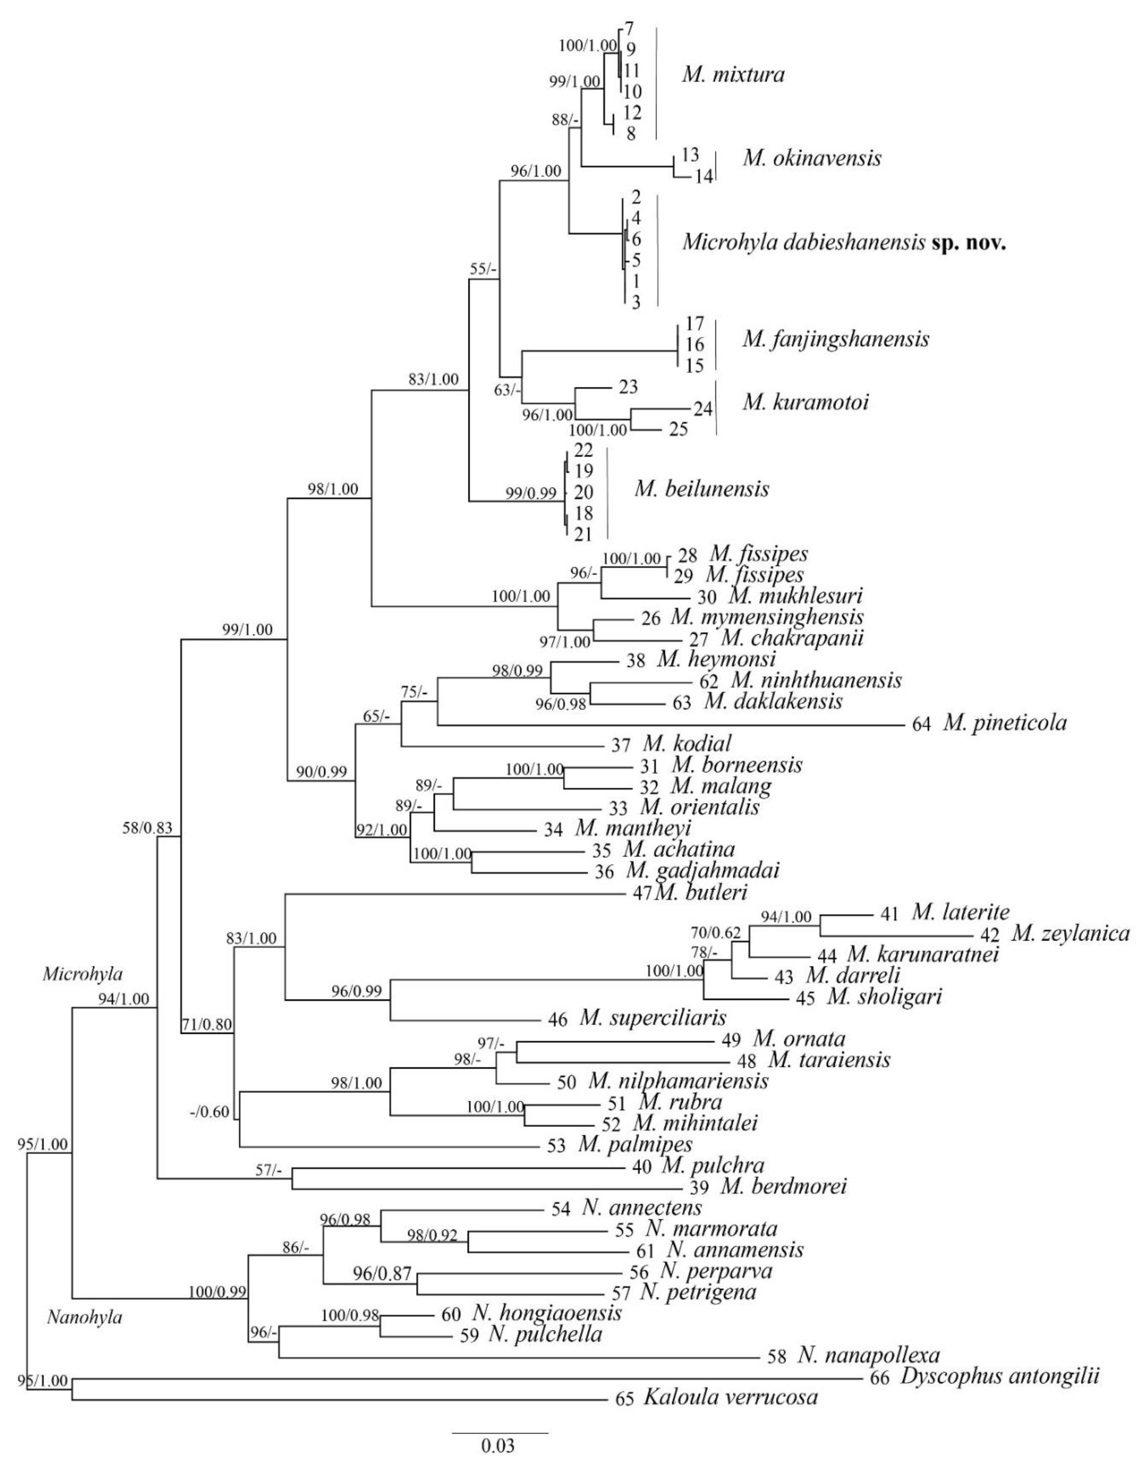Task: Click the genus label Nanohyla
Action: [x=84, y=1318]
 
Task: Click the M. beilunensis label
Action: [x=702, y=489]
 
